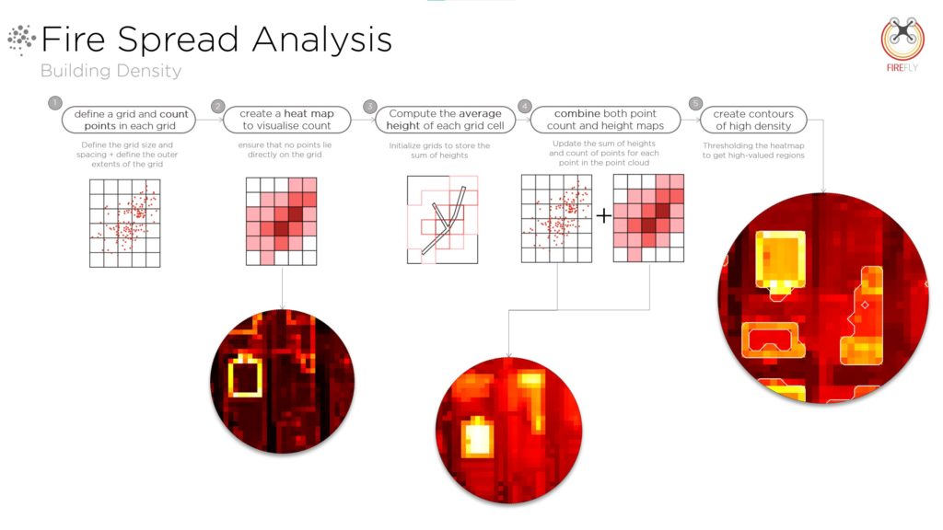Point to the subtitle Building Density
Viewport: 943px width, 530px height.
coord(111,71)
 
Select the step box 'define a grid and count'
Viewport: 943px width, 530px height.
coord(129,120)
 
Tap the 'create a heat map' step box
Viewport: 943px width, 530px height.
coord(287,120)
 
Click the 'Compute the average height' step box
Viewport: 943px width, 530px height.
coord(445,120)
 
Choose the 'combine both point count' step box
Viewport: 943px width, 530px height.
coord(605,120)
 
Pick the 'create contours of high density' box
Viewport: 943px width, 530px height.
coord(753,120)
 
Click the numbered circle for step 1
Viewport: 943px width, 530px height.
coord(55,103)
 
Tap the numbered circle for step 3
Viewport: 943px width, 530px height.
coord(370,107)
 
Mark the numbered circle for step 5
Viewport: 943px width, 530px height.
coord(695,103)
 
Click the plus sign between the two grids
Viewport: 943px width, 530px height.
coord(603,215)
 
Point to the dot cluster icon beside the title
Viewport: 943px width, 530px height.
coord(22,40)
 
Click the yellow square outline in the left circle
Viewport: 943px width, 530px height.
coord(245,376)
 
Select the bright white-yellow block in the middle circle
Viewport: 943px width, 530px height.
coord(478,437)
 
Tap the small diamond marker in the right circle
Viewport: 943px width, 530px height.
coord(865,305)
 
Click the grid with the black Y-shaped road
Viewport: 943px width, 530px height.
coord(443,219)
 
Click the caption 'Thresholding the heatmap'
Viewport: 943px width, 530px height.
coord(753,145)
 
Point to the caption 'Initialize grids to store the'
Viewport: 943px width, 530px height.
coord(439,145)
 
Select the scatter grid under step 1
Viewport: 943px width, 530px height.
coord(125,223)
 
